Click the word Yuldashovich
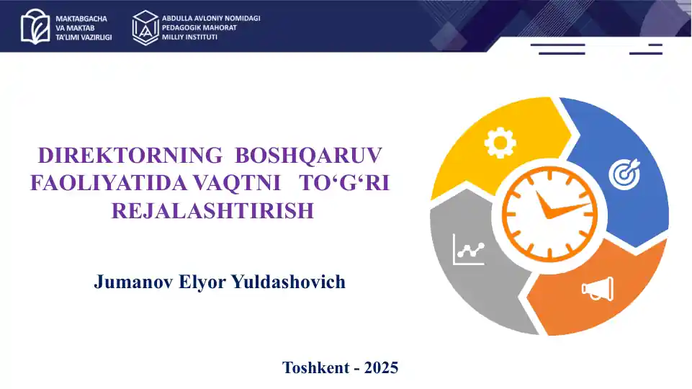pyautogui.click(x=288, y=282)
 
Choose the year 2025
pyautogui.click(x=382, y=368)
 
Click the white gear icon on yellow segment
pyautogui.click(x=500, y=143)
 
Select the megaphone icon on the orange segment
pyautogui.click(x=598, y=289)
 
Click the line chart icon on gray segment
pyautogui.click(x=468, y=250)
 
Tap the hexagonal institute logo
pyautogui.click(x=145, y=27)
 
